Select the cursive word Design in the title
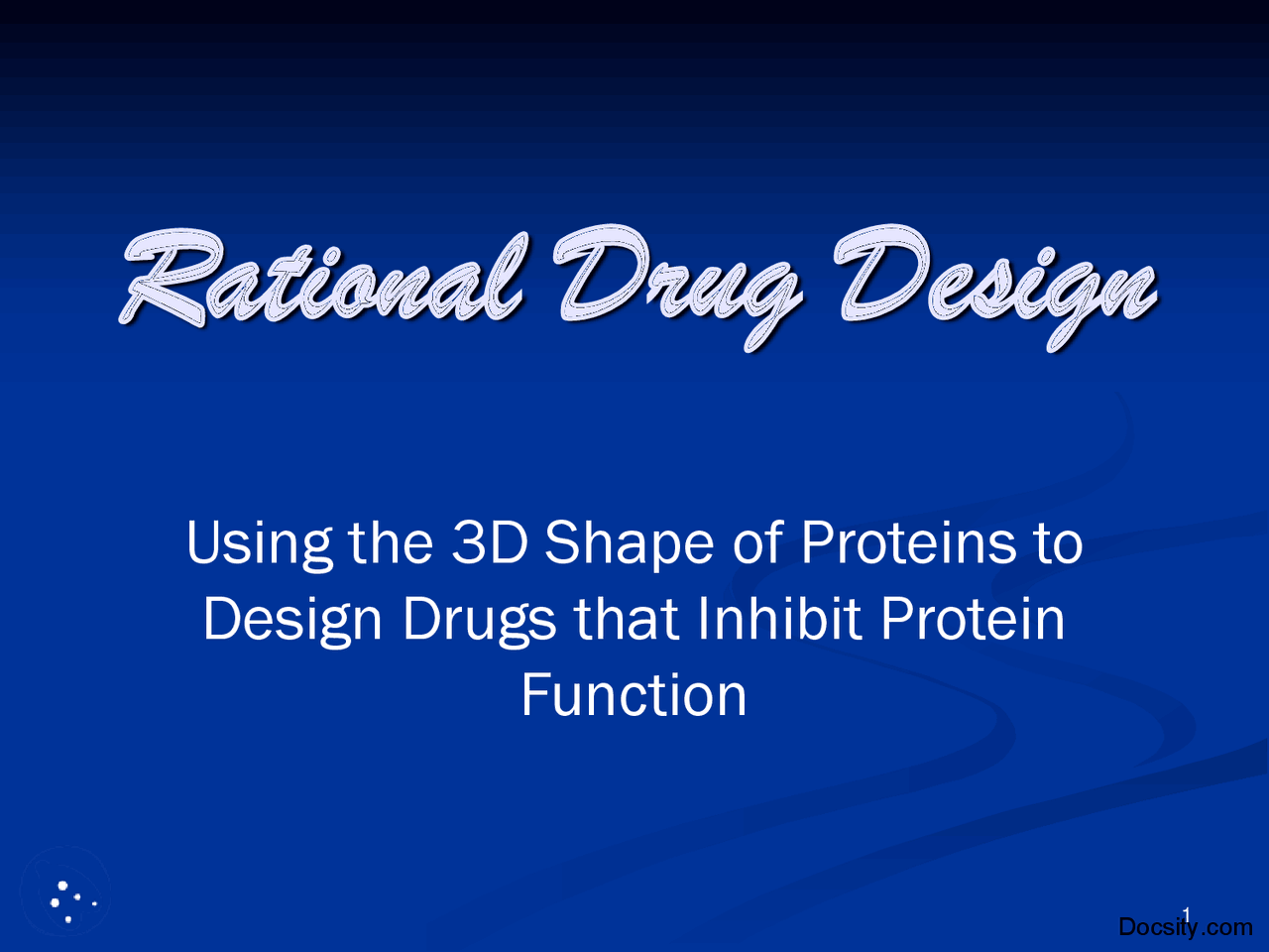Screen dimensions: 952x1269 (x=995, y=283)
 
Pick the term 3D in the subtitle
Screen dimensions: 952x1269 (x=489, y=542)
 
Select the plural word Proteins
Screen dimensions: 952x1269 (x=908, y=542)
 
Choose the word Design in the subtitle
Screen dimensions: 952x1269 (x=292, y=621)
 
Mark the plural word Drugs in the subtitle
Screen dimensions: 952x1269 (x=479, y=621)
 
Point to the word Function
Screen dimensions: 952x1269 (x=634, y=694)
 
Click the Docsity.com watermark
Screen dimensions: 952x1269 (x=1185, y=927)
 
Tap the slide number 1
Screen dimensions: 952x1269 (x=1186, y=913)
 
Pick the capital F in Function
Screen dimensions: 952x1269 (x=534, y=694)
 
